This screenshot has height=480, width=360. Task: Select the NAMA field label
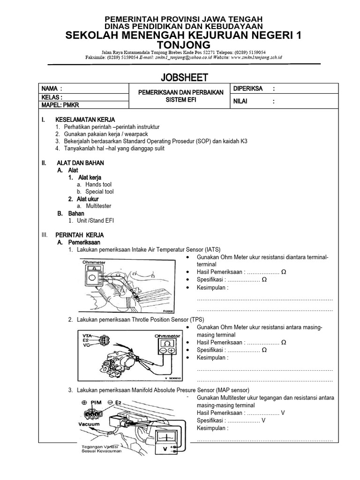52,89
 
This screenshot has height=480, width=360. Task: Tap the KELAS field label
52,97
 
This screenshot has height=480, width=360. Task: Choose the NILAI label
240,101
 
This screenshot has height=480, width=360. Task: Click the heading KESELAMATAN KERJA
85,120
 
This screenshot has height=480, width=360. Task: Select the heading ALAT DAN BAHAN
80,163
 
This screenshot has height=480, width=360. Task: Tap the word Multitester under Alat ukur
98,206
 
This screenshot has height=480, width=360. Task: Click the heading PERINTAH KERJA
80,235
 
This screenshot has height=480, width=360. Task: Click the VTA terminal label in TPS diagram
87,335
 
